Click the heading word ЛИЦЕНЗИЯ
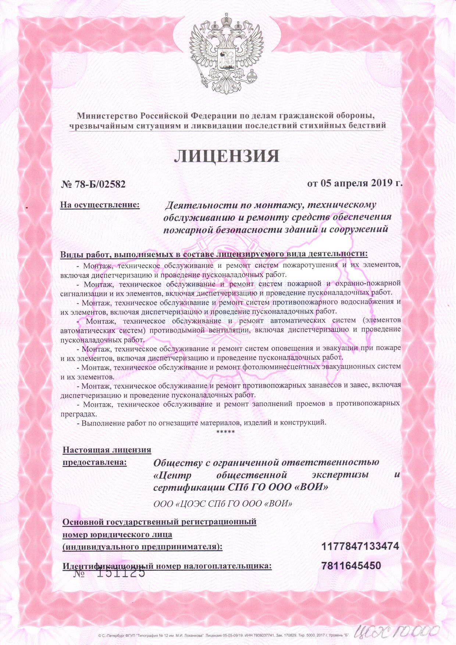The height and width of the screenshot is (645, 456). pos(227,156)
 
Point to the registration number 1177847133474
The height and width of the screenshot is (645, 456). pos(360,546)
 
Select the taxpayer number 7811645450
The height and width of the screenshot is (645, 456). pos(351,566)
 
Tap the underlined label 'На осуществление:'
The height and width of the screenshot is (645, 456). pos(100,204)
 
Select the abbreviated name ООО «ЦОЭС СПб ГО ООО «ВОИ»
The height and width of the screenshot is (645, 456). pos(223,503)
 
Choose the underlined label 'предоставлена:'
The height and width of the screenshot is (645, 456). pos(95,462)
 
